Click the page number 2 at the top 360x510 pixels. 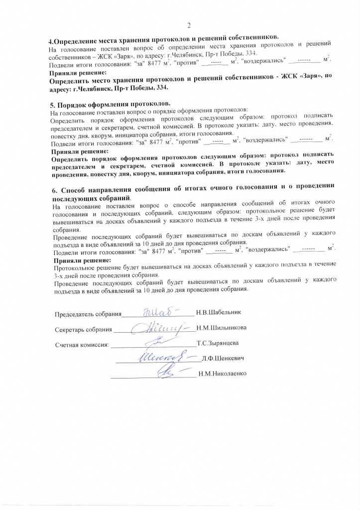[189, 26]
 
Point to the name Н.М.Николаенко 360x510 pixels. [222, 373]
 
